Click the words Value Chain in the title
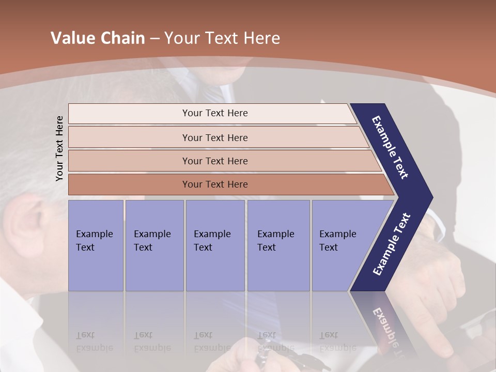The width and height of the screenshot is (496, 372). pyautogui.click(x=98, y=38)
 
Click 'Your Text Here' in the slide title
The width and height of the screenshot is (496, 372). pyautogui.click(x=222, y=38)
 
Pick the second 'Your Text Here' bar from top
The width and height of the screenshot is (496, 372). pyautogui.click(x=215, y=137)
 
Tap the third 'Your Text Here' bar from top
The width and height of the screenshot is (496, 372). pyautogui.click(x=215, y=161)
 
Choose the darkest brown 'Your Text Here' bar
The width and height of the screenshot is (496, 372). pyautogui.click(x=215, y=184)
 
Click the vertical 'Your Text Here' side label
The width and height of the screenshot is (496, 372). pyautogui.click(x=59, y=149)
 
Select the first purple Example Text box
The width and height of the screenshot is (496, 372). pyautogui.click(x=96, y=245)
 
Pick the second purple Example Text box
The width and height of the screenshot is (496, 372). pyautogui.click(x=154, y=245)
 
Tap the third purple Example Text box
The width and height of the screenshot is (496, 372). pyautogui.click(x=215, y=245)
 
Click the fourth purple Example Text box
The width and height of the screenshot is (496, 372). pyautogui.click(x=278, y=245)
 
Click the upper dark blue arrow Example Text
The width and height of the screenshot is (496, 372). pyautogui.click(x=391, y=147)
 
